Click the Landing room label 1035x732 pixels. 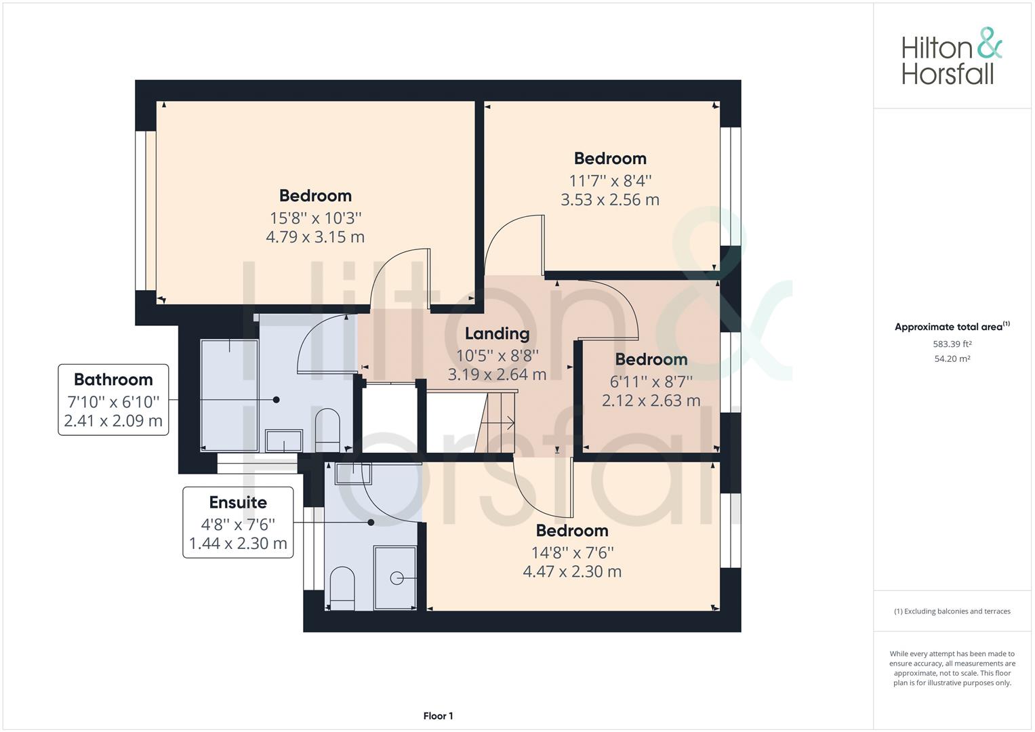[x=498, y=333]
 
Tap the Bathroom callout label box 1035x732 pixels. [x=113, y=400]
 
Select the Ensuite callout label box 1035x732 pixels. [x=238, y=522]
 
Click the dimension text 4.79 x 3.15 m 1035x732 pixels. [x=315, y=237]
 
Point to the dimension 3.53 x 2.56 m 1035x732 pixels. [x=610, y=200]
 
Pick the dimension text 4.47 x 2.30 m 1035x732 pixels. [x=572, y=571]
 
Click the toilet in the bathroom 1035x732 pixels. [x=327, y=430]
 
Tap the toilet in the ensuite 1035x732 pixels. [x=342, y=588]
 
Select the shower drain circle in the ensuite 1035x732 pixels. [x=397, y=578]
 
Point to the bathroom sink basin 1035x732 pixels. [x=284, y=441]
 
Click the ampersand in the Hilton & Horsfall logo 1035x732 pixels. [x=990, y=43]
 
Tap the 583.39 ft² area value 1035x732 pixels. [x=952, y=344]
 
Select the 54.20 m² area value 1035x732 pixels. [x=952, y=359]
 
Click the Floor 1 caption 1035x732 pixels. [x=438, y=716]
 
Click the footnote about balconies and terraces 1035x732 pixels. [x=952, y=611]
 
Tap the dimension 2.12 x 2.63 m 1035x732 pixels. [x=651, y=400]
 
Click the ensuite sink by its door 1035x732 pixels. [x=353, y=474]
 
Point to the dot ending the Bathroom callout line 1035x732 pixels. [x=276, y=400]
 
